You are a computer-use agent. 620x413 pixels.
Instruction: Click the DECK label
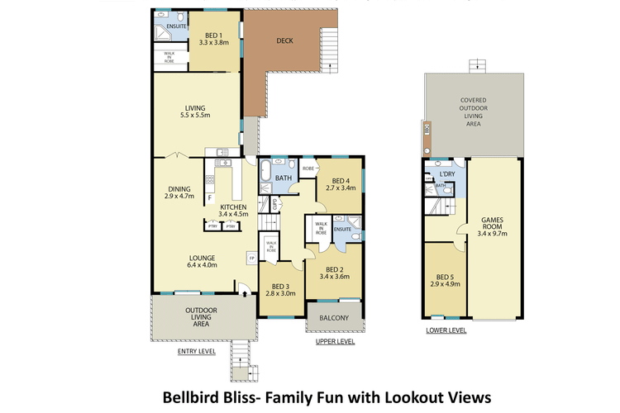coord(284,40)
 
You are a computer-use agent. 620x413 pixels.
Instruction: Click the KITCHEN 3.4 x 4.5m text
coord(232,209)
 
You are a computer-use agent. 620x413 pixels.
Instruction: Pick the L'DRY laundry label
coord(448,175)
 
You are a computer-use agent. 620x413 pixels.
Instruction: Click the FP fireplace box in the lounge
coord(251,259)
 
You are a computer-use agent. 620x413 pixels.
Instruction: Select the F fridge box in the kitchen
coord(210,199)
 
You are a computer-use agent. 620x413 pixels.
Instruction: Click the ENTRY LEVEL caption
coord(197,351)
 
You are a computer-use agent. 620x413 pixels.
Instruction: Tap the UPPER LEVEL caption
coord(335,340)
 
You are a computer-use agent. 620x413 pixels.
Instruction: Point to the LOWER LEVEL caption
coord(446,330)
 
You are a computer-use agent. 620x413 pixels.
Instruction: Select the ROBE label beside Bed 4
coord(308,169)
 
